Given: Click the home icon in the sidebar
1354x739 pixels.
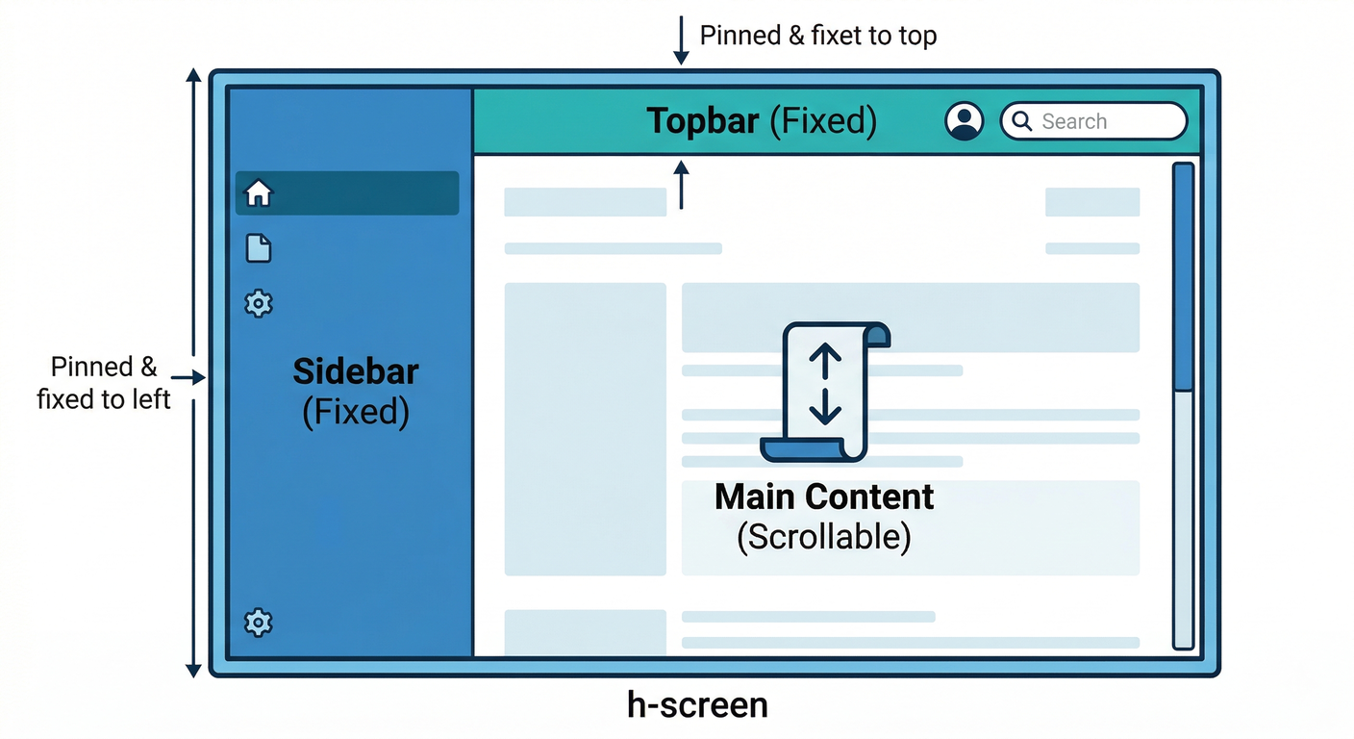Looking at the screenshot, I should (259, 193).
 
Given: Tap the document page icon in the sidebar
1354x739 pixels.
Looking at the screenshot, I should (259, 248).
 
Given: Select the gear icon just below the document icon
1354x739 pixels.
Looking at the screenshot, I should (259, 304).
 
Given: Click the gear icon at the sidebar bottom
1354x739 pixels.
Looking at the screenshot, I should (259, 623).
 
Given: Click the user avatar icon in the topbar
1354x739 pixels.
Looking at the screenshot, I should (964, 121).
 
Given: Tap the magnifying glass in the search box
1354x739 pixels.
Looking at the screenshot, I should (1021, 121).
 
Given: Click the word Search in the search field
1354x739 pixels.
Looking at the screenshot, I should (1074, 122).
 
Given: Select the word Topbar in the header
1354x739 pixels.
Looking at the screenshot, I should (702, 121).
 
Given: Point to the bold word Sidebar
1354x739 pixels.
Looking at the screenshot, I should (356, 371).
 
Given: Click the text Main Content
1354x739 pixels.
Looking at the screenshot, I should (824, 497).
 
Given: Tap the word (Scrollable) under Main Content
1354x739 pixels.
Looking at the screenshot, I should (824, 537).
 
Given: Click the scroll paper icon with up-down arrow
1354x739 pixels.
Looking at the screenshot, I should (825, 390).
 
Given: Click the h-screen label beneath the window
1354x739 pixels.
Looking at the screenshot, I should (697, 705).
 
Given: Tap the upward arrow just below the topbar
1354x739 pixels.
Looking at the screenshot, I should (681, 185).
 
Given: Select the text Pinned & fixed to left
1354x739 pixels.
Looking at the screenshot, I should (104, 383).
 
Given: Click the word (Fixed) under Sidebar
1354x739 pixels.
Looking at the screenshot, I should (356, 412).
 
